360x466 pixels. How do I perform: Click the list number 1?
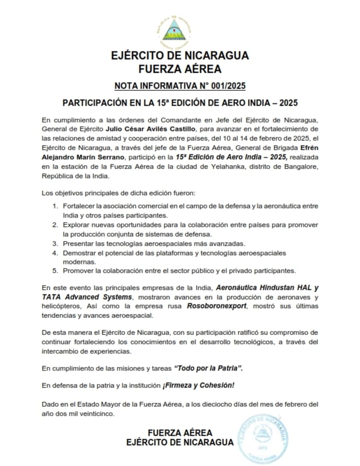(55, 206)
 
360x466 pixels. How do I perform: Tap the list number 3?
(55, 243)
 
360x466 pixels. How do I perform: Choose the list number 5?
(55, 271)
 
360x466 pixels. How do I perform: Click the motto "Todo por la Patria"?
(208, 368)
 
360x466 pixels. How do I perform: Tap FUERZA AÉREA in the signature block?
(180, 433)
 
